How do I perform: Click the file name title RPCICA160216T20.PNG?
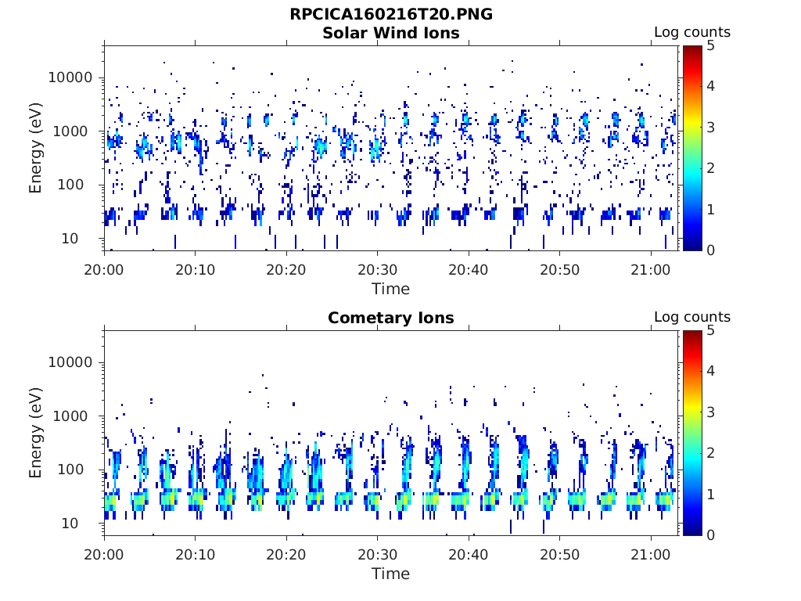coord(391,14)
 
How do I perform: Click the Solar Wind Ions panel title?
coord(391,33)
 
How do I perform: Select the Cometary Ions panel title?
coord(391,318)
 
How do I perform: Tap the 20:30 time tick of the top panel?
coord(378,269)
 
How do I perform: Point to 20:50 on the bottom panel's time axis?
coord(560,555)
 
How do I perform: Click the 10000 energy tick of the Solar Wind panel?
coord(70,77)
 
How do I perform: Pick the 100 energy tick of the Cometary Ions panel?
coord(70,470)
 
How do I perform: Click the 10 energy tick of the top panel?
coord(70,238)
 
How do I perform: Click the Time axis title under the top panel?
coord(391,289)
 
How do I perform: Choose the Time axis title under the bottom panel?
coord(391,574)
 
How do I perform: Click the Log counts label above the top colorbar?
coord(692,32)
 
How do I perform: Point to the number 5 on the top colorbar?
coord(710,46)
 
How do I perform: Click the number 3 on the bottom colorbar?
coord(710,412)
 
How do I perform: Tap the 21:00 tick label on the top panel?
coord(651,269)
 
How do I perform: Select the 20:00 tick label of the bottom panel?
coord(104,555)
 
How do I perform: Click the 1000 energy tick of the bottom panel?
coord(70,416)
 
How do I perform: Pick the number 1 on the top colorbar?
coord(710,210)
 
